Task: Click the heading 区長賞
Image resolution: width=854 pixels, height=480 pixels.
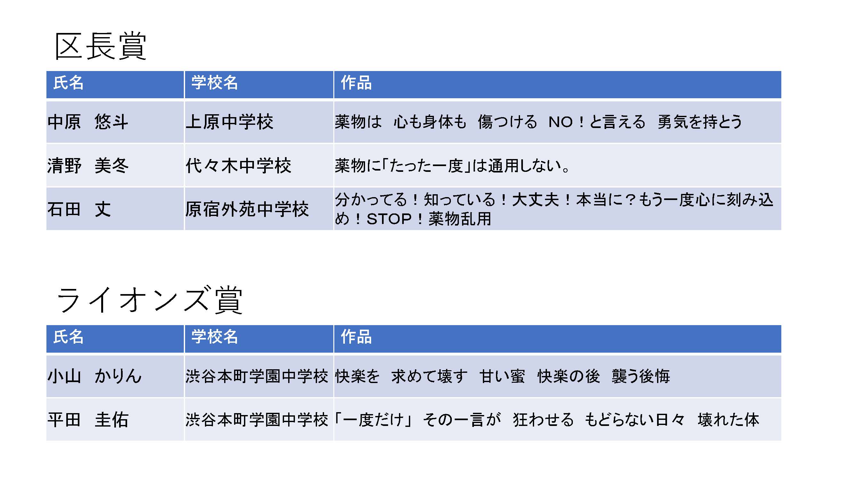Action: [x=101, y=46]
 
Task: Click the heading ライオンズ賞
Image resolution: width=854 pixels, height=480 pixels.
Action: [x=150, y=300]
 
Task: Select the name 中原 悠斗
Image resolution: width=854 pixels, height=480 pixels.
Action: [x=88, y=122]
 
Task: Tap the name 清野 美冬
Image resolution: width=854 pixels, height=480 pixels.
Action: [x=88, y=165]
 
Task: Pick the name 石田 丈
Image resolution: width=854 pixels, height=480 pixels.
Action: [x=79, y=209]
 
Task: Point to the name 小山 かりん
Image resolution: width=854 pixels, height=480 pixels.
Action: [x=95, y=376]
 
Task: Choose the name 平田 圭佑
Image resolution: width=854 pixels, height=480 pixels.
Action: [x=88, y=420]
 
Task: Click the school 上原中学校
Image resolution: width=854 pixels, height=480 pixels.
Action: [x=229, y=122]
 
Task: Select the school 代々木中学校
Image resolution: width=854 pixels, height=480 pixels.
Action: [x=238, y=165]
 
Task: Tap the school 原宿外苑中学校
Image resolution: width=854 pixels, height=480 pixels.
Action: [x=247, y=209]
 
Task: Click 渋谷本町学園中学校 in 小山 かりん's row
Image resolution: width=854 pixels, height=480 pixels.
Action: [x=257, y=376]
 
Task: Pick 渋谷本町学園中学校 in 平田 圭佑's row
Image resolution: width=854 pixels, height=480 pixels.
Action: [x=257, y=420]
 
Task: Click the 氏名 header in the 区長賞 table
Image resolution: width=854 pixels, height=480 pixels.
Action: [x=69, y=83]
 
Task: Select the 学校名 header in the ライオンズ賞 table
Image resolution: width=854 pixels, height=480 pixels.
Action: [x=215, y=337]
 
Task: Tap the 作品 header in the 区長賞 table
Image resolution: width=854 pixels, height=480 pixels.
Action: [x=356, y=83]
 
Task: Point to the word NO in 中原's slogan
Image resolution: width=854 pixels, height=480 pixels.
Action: [x=561, y=122]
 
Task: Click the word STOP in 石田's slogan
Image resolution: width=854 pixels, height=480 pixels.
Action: [x=389, y=219]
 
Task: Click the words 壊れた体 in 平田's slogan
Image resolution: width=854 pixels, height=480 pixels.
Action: [x=728, y=420]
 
